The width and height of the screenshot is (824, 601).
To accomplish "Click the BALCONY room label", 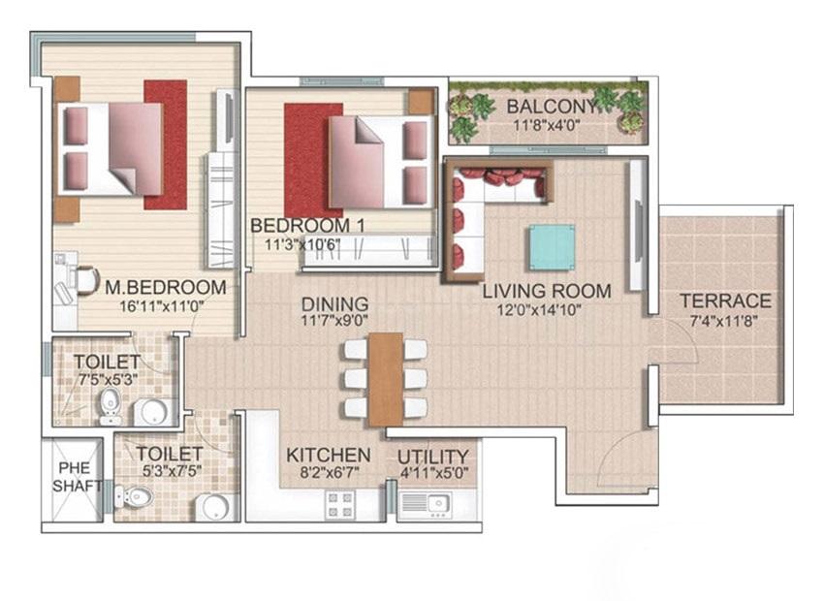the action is click(x=552, y=106).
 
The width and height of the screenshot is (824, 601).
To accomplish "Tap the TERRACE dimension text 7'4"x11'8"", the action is click(x=725, y=322).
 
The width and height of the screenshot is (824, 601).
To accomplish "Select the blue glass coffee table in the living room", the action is click(x=552, y=247).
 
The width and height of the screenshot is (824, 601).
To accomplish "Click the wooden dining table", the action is click(x=386, y=379).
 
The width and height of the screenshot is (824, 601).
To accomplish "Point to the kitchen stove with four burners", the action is click(x=340, y=504).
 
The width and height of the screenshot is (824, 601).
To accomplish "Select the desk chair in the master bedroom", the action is click(x=87, y=279).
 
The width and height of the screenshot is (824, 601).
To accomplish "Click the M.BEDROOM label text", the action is click(x=166, y=287).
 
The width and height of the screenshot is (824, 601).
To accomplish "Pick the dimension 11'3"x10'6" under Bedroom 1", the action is click(x=302, y=245).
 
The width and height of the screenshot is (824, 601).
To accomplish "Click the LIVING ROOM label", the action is click(x=547, y=291).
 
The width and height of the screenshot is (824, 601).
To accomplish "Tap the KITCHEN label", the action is click(x=329, y=455).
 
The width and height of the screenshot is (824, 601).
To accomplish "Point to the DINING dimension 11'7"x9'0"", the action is click(x=334, y=321).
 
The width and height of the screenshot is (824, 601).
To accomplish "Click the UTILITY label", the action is click(x=433, y=456).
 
